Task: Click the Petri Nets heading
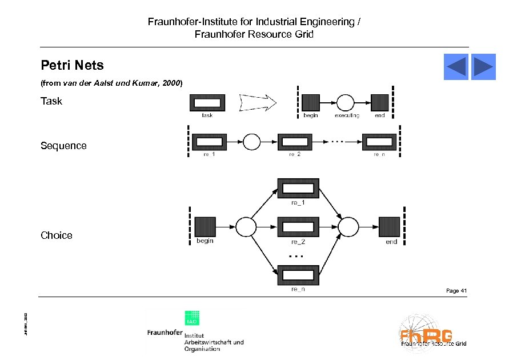point(72,65)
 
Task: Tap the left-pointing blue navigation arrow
point(456,67)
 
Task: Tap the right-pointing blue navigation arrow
point(483,67)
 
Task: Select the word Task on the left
point(51,102)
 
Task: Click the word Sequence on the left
point(63,146)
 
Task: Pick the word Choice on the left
point(57,235)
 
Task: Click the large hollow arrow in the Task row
point(258,103)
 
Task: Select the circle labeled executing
point(345,103)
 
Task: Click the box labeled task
point(207,103)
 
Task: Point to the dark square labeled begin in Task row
point(310,103)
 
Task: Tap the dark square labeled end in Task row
point(379,103)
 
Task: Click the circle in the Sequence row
point(251,141)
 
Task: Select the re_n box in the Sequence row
point(379,141)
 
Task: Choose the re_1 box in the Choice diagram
point(298,189)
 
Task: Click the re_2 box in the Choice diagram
point(298,227)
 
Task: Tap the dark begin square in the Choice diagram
point(205,227)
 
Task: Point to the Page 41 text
point(456,291)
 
